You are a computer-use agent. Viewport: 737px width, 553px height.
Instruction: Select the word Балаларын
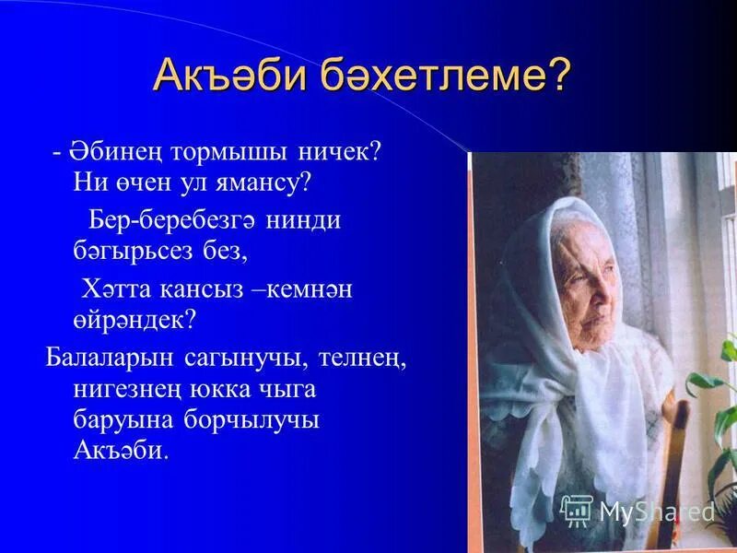(108, 358)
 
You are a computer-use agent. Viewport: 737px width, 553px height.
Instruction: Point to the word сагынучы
(246, 358)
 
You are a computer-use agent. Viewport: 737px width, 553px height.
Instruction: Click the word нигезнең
(126, 389)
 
